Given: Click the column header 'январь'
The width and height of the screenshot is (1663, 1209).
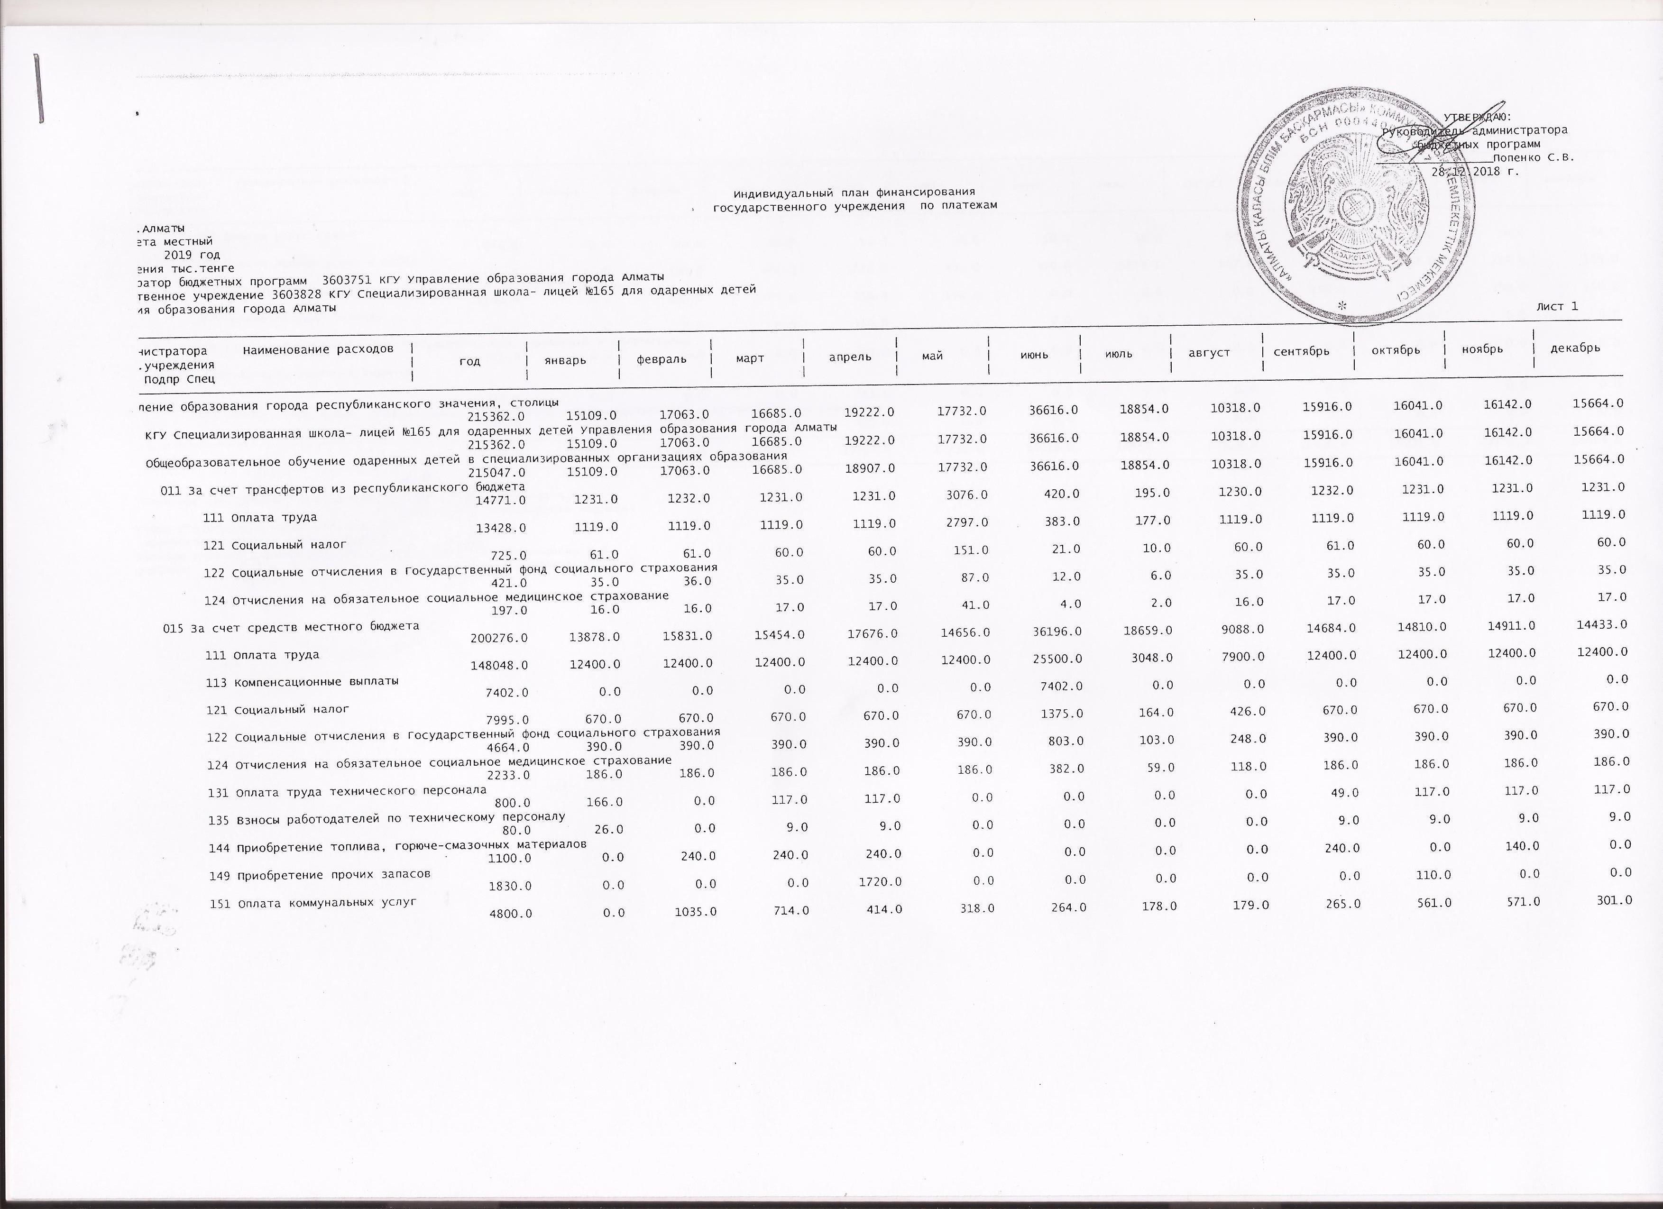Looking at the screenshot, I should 565,360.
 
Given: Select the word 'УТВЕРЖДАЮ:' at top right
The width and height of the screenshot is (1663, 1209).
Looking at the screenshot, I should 1478,117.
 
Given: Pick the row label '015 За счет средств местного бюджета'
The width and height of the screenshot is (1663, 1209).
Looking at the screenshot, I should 291,627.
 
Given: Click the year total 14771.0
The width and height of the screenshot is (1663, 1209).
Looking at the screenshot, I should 502,501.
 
